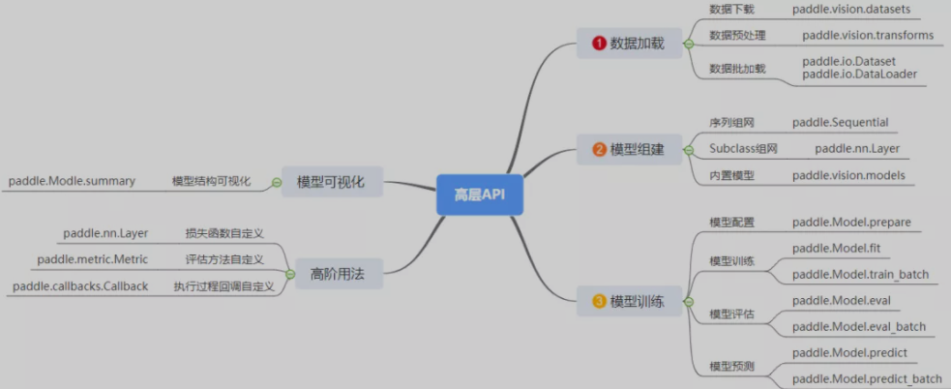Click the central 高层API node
[480, 194]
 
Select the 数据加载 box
[629, 44]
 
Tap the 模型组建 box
[629, 149]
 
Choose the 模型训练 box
[629, 302]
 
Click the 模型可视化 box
[331, 181]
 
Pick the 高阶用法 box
[331, 273]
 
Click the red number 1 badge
[599, 44]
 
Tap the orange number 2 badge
[599, 149]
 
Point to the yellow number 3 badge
[599, 302]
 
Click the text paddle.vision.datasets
[851, 10]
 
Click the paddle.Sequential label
[840, 123]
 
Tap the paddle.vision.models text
[848, 175]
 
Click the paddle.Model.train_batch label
[860, 275]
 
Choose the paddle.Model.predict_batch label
[866, 378]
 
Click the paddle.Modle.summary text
[72, 181]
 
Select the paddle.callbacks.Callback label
[80, 286]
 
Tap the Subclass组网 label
[743, 149]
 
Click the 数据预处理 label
[737, 36]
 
